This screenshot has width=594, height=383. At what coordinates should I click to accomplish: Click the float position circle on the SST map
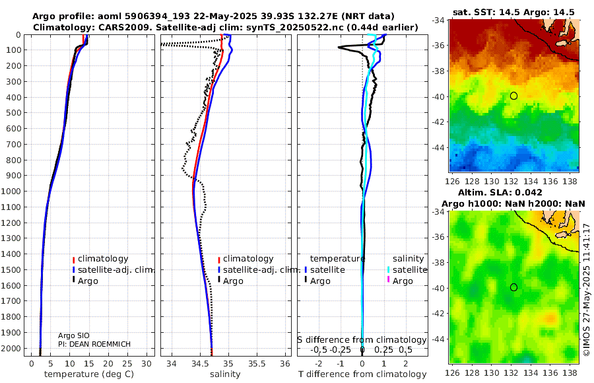pyautogui.click(x=513, y=96)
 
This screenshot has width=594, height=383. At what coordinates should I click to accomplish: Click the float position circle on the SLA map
pyautogui.click(x=513, y=287)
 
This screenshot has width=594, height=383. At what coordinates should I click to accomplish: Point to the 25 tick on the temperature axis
pyautogui.click(x=127, y=364)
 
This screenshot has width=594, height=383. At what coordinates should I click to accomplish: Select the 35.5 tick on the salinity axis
pyautogui.click(x=257, y=364)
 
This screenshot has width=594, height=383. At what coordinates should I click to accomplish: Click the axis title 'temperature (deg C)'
pyautogui.click(x=89, y=374)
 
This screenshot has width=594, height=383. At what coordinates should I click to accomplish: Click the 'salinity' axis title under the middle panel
pyautogui.click(x=226, y=374)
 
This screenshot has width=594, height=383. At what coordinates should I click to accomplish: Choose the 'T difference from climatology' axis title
pyautogui.click(x=362, y=374)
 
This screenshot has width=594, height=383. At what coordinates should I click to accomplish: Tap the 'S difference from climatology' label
pyautogui.click(x=362, y=340)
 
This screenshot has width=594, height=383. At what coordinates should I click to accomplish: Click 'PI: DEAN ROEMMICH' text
pyautogui.click(x=94, y=344)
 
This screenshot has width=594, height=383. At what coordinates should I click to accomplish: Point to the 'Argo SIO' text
pyautogui.click(x=74, y=335)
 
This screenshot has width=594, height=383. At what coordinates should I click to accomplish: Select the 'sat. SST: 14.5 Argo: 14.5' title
pyautogui.click(x=513, y=12)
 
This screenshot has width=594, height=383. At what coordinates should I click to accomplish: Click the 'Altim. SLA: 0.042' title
pyautogui.click(x=500, y=192)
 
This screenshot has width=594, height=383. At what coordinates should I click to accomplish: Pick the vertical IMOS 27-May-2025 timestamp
pyautogui.click(x=587, y=290)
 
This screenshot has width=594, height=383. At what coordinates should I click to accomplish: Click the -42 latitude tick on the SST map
pyautogui.click(x=438, y=122)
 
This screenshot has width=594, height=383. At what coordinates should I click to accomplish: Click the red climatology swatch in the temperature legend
pyautogui.click(x=74, y=260)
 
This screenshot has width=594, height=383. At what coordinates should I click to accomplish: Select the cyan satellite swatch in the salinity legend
pyautogui.click(x=389, y=270)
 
